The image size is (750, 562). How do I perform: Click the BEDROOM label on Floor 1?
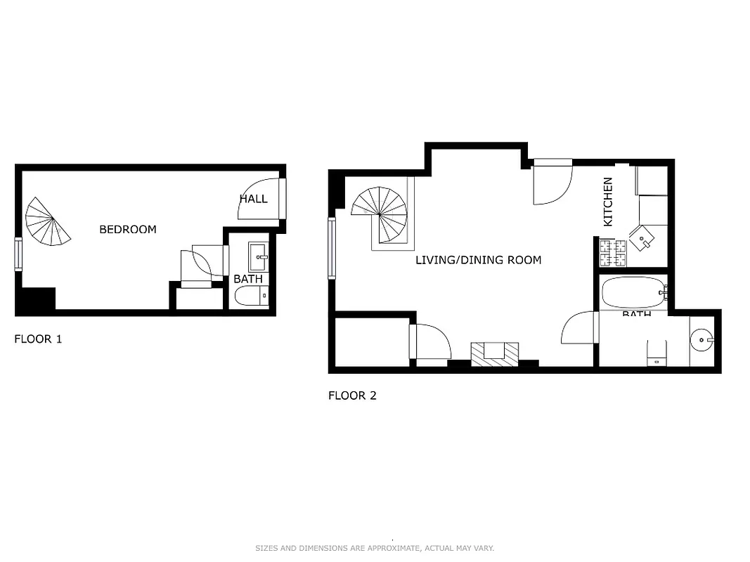click(x=127, y=229)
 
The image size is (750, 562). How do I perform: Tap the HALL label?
click(x=253, y=199)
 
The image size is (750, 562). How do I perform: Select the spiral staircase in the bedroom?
click(x=48, y=221)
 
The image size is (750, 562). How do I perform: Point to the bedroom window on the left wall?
click(x=18, y=254)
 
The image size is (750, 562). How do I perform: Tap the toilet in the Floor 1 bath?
click(x=251, y=297)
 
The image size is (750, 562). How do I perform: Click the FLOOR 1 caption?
click(x=38, y=339)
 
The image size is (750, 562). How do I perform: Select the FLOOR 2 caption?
click(x=352, y=396)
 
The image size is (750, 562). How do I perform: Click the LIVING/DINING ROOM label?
click(x=478, y=260)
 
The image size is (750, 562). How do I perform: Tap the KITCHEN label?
click(x=608, y=202)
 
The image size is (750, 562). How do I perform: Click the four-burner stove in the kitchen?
click(x=612, y=253)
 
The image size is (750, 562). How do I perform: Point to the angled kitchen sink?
click(x=642, y=238)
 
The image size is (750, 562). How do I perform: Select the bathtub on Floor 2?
click(x=633, y=293)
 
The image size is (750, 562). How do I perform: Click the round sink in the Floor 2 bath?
click(x=701, y=341)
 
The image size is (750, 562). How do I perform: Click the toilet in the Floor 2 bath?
click(x=657, y=352)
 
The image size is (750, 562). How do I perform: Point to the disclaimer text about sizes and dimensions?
click(x=375, y=548)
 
